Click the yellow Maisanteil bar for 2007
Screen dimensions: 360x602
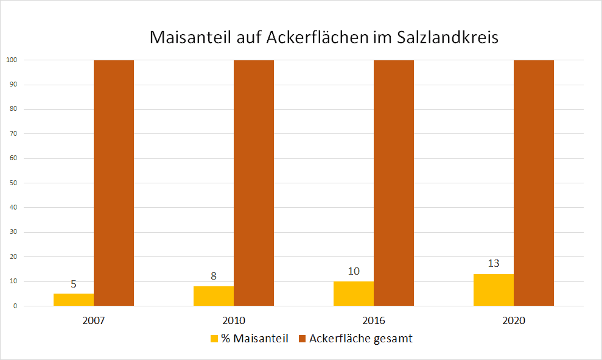point(74,300)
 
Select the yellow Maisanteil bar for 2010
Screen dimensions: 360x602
point(214,296)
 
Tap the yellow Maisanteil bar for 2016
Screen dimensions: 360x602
point(354,294)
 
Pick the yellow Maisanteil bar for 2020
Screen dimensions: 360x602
point(494,290)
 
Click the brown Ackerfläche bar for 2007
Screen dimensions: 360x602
point(114,183)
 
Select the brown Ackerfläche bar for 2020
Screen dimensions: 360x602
point(534,183)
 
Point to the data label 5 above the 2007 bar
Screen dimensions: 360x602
point(74,284)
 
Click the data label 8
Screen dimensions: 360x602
point(214,276)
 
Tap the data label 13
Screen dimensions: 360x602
point(494,264)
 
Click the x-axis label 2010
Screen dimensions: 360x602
point(234,320)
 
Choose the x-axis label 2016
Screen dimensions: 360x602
point(374,320)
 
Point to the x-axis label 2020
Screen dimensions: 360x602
point(514,320)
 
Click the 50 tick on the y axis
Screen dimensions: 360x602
point(12,183)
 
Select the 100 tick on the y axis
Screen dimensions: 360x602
point(11,60)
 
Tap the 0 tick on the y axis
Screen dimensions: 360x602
point(14,306)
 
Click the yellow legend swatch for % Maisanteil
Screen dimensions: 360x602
point(214,339)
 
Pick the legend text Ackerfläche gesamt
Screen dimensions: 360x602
point(360,339)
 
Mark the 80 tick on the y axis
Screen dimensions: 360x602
point(12,109)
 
